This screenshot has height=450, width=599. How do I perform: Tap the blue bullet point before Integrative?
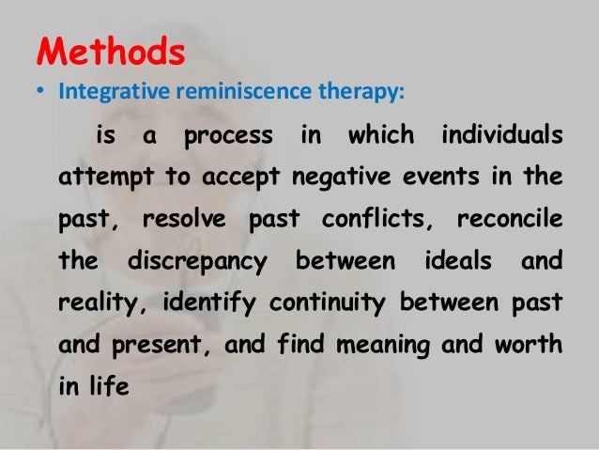click(x=41, y=95)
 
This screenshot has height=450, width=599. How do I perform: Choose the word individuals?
click(x=500, y=137)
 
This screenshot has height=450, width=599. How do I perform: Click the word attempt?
click(x=98, y=178)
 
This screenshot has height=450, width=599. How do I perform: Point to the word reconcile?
click(x=510, y=219)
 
